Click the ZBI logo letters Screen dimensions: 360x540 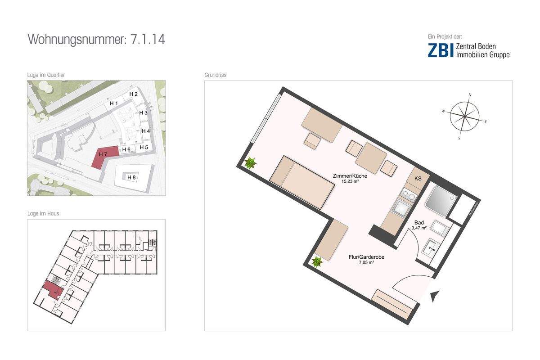[x=441, y=50]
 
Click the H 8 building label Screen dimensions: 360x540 [x=131, y=177]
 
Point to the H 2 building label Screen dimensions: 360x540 [x=133, y=94]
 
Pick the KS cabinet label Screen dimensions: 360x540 [x=418, y=179]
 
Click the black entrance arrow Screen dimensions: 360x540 [x=435, y=296]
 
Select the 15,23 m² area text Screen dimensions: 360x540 [x=354, y=182]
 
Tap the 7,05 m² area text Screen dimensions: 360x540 [x=366, y=263]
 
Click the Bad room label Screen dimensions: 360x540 [x=418, y=223]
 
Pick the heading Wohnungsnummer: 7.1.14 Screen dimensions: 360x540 [x=96, y=39]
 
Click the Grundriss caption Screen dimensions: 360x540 [x=215, y=75]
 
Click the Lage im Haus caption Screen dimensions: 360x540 [x=43, y=214]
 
